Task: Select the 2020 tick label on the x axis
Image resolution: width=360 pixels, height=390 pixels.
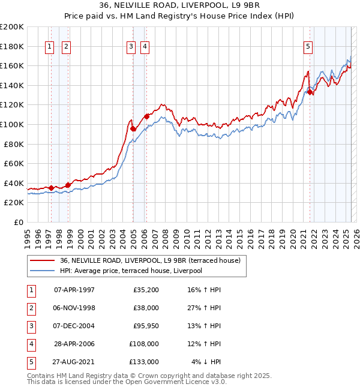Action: [x=292, y=236]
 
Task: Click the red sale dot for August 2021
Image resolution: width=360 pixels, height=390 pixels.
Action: [x=310, y=92]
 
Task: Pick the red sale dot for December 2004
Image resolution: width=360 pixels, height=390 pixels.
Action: [x=133, y=128]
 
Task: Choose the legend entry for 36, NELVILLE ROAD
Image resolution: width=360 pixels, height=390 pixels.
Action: [x=150, y=260]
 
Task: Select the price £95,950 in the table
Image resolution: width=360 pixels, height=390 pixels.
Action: [x=146, y=326]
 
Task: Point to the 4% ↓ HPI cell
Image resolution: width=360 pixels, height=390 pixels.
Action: [x=206, y=362]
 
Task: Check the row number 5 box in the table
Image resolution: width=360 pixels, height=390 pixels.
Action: [x=31, y=362]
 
